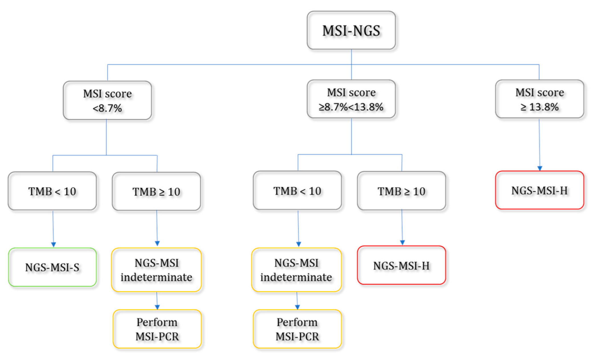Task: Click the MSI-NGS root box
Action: [x=351, y=30]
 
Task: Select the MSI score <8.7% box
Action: [x=107, y=100]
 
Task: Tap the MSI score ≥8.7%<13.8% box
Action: [x=351, y=99]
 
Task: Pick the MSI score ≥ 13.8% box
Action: [x=539, y=99]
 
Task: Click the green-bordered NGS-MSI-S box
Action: [x=52, y=267]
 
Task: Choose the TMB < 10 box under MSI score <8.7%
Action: [x=52, y=191]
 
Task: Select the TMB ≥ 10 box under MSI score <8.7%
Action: [x=156, y=191]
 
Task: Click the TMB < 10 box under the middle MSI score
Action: [x=297, y=191]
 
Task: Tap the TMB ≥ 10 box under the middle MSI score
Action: [x=401, y=191]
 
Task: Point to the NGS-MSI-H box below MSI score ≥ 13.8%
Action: [x=539, y=190]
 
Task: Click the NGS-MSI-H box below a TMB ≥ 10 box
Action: [x=401, y=265]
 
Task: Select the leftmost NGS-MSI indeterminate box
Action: [x=156, y=270]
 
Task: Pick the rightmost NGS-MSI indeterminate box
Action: [x=296, y=270]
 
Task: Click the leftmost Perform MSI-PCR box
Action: [x=157, y=329]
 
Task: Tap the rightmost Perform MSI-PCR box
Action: [x=297, y=329]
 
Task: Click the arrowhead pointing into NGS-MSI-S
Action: [x=53, y=245]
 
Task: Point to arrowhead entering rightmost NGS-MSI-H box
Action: [x=540, y=168]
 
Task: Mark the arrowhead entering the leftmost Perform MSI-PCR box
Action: [x=157, y=307]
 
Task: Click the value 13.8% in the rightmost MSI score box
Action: [x=544, y=107]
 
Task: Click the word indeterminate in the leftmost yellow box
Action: [x=156, y=277]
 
